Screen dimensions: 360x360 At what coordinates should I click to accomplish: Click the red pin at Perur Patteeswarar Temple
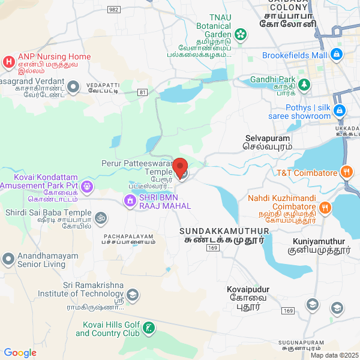click(x=179, y=166)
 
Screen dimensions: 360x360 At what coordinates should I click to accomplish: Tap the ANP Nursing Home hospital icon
click(x=8, y=61)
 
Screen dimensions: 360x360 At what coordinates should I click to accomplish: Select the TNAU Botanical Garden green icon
click(x=241, y=34)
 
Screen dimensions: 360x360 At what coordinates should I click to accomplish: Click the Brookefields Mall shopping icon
click(x=337, y=55)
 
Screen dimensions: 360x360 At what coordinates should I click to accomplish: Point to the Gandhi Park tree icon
click(x=305, y=84)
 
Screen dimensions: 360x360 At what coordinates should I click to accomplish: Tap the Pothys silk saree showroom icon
click(x=340, y=110)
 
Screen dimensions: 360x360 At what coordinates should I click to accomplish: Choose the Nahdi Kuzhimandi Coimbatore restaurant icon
click(x=325, y=208)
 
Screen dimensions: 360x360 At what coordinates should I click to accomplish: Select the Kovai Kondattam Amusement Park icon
click(x=88, y=187)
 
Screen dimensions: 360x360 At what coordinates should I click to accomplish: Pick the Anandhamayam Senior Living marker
click(x=8, y=259)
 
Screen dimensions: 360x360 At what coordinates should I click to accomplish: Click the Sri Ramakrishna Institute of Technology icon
click(x=133, y=295)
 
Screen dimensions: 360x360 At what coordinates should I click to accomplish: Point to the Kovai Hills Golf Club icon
click(x=149, y=328)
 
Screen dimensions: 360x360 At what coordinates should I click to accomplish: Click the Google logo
click(x=20, y=353)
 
